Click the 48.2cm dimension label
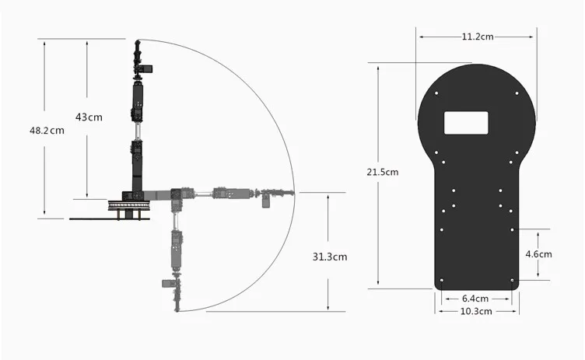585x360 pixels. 47,131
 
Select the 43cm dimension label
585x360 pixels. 89,117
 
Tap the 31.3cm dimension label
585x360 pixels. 330,257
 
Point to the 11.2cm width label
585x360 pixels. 478,37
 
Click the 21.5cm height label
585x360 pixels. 383,172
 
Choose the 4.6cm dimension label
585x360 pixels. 538,254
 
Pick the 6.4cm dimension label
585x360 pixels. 475,299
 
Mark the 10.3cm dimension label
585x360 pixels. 476,311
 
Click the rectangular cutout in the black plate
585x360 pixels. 466,123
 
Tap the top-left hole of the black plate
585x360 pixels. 436,93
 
